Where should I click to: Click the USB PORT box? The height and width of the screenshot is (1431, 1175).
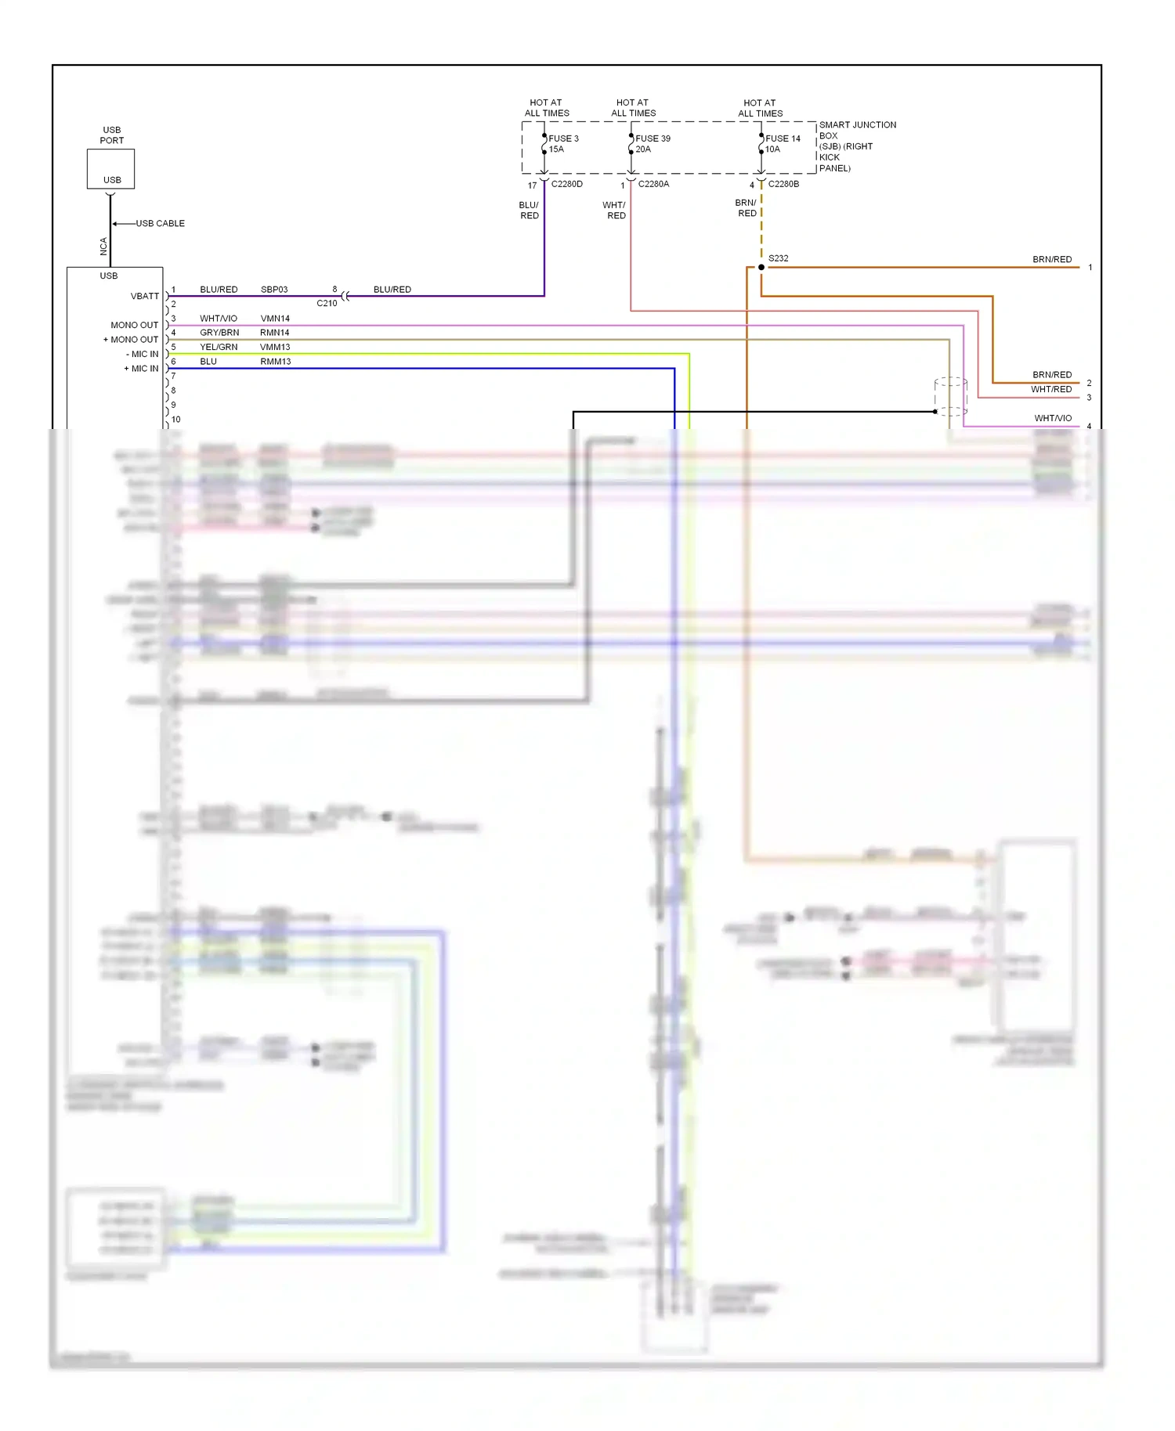pos(110,168)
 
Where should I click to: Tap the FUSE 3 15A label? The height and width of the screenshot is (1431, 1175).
pos(563,144)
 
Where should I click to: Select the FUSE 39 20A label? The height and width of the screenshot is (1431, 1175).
pos(653,144)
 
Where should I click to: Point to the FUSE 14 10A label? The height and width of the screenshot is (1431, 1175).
pos(783,144)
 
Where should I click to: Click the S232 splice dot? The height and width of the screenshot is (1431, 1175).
pos(761,267)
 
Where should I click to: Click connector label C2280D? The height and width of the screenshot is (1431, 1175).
pos(566,184)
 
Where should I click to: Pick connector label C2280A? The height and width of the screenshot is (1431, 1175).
pos(653,184)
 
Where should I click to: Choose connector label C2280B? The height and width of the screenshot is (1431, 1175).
pos(783,184)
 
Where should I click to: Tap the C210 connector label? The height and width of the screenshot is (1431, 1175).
pos(327,303)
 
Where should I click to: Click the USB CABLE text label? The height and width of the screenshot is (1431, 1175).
pos(160,223)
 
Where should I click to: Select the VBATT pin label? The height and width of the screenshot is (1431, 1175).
pos(145,296)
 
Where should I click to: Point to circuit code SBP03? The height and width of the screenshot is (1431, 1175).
pos(274,290)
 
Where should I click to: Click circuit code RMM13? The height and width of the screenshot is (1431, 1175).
pos(275,362)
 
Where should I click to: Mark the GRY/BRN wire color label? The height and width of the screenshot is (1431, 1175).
pos(219,333)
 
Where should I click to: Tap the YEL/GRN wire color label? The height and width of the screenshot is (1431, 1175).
pos(219,347)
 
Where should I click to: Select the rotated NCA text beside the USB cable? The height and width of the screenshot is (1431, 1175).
pos(103,247)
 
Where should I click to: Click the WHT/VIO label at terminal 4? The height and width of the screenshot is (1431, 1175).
pos(1053,418)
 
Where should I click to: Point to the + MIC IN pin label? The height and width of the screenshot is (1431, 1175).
pos(141,369)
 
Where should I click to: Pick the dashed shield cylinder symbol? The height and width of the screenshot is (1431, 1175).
pos(951,396)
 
